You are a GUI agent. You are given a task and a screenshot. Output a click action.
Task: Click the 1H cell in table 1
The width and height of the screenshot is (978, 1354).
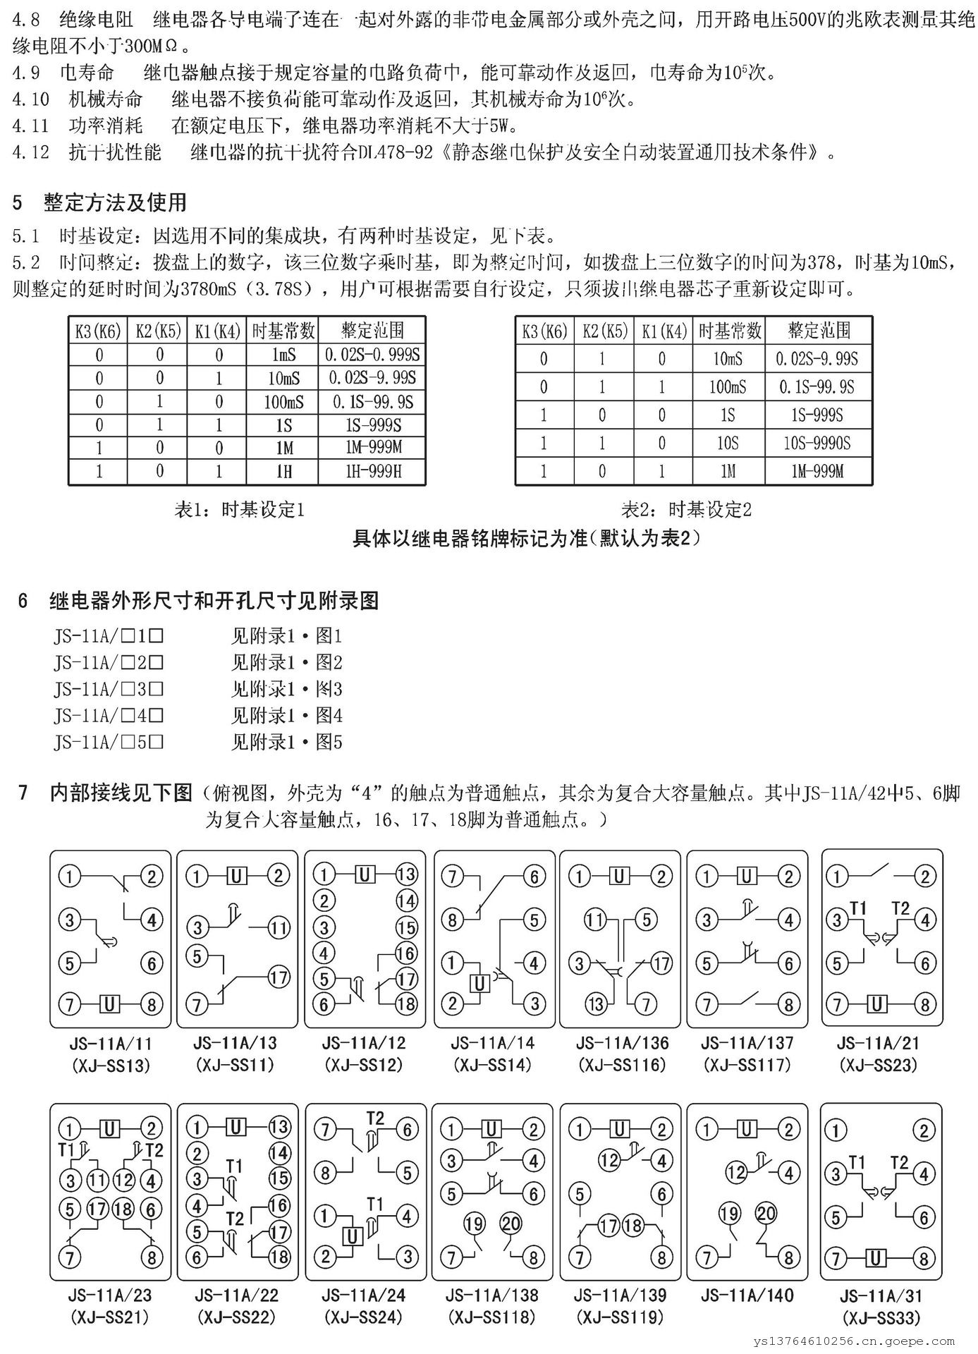(283, 471)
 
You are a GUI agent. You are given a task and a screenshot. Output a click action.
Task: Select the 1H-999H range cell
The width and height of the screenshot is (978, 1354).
(372, 471)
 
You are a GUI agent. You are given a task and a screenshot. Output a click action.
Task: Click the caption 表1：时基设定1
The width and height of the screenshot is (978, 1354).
(239, 509)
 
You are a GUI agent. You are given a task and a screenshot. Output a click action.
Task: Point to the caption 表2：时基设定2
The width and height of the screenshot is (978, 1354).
(686, 509)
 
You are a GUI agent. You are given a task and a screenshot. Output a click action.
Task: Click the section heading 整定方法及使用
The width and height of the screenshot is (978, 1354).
(115, 202)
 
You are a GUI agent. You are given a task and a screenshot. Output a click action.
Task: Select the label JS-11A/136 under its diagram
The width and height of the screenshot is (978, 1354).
(622, 1043)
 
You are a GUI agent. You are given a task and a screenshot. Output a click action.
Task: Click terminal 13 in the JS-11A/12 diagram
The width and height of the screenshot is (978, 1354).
(407, 875)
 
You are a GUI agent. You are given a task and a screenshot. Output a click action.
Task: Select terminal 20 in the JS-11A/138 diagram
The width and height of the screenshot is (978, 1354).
(510, 1223)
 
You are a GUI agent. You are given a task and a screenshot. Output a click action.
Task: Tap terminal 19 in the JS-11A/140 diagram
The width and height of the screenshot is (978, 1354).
(728, 1213)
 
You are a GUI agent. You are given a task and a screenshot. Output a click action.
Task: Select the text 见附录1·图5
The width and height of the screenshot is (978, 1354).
(286, 742)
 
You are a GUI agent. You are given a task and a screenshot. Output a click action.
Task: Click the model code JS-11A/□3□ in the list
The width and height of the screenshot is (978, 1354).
(109, 689)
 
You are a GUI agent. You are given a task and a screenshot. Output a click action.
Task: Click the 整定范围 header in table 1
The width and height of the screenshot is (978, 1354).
(372, 329)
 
